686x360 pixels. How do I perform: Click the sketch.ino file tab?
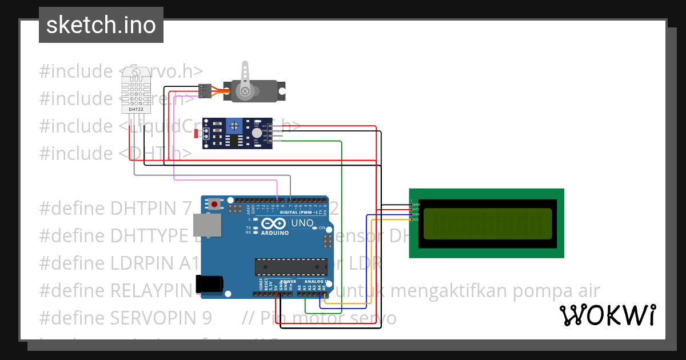101,25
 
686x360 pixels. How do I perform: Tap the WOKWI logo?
607,315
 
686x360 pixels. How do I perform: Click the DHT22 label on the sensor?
136,109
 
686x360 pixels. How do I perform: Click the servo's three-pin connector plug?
205,91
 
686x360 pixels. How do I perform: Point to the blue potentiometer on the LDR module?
233,125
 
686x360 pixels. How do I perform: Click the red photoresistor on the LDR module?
197,134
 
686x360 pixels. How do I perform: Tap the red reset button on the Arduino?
214,203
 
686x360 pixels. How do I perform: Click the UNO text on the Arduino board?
302,223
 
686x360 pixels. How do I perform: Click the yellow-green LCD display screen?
488,223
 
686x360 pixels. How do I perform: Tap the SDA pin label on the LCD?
416,214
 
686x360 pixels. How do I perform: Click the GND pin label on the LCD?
416,204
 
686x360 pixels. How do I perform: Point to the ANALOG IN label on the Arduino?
314,282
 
